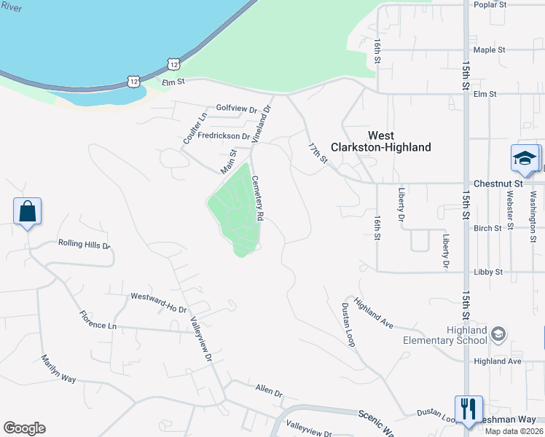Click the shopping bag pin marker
click(x=27, y=212)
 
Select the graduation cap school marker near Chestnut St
click(x=525, y=157)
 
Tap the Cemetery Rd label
click(x=257, y=198)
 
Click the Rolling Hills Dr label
click(x=84, y=245)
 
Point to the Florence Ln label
click(x=98, y=320)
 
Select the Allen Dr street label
click(x=269, y=391)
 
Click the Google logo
click(x=24, y=428)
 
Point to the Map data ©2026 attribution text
click(x=514, y=431)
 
